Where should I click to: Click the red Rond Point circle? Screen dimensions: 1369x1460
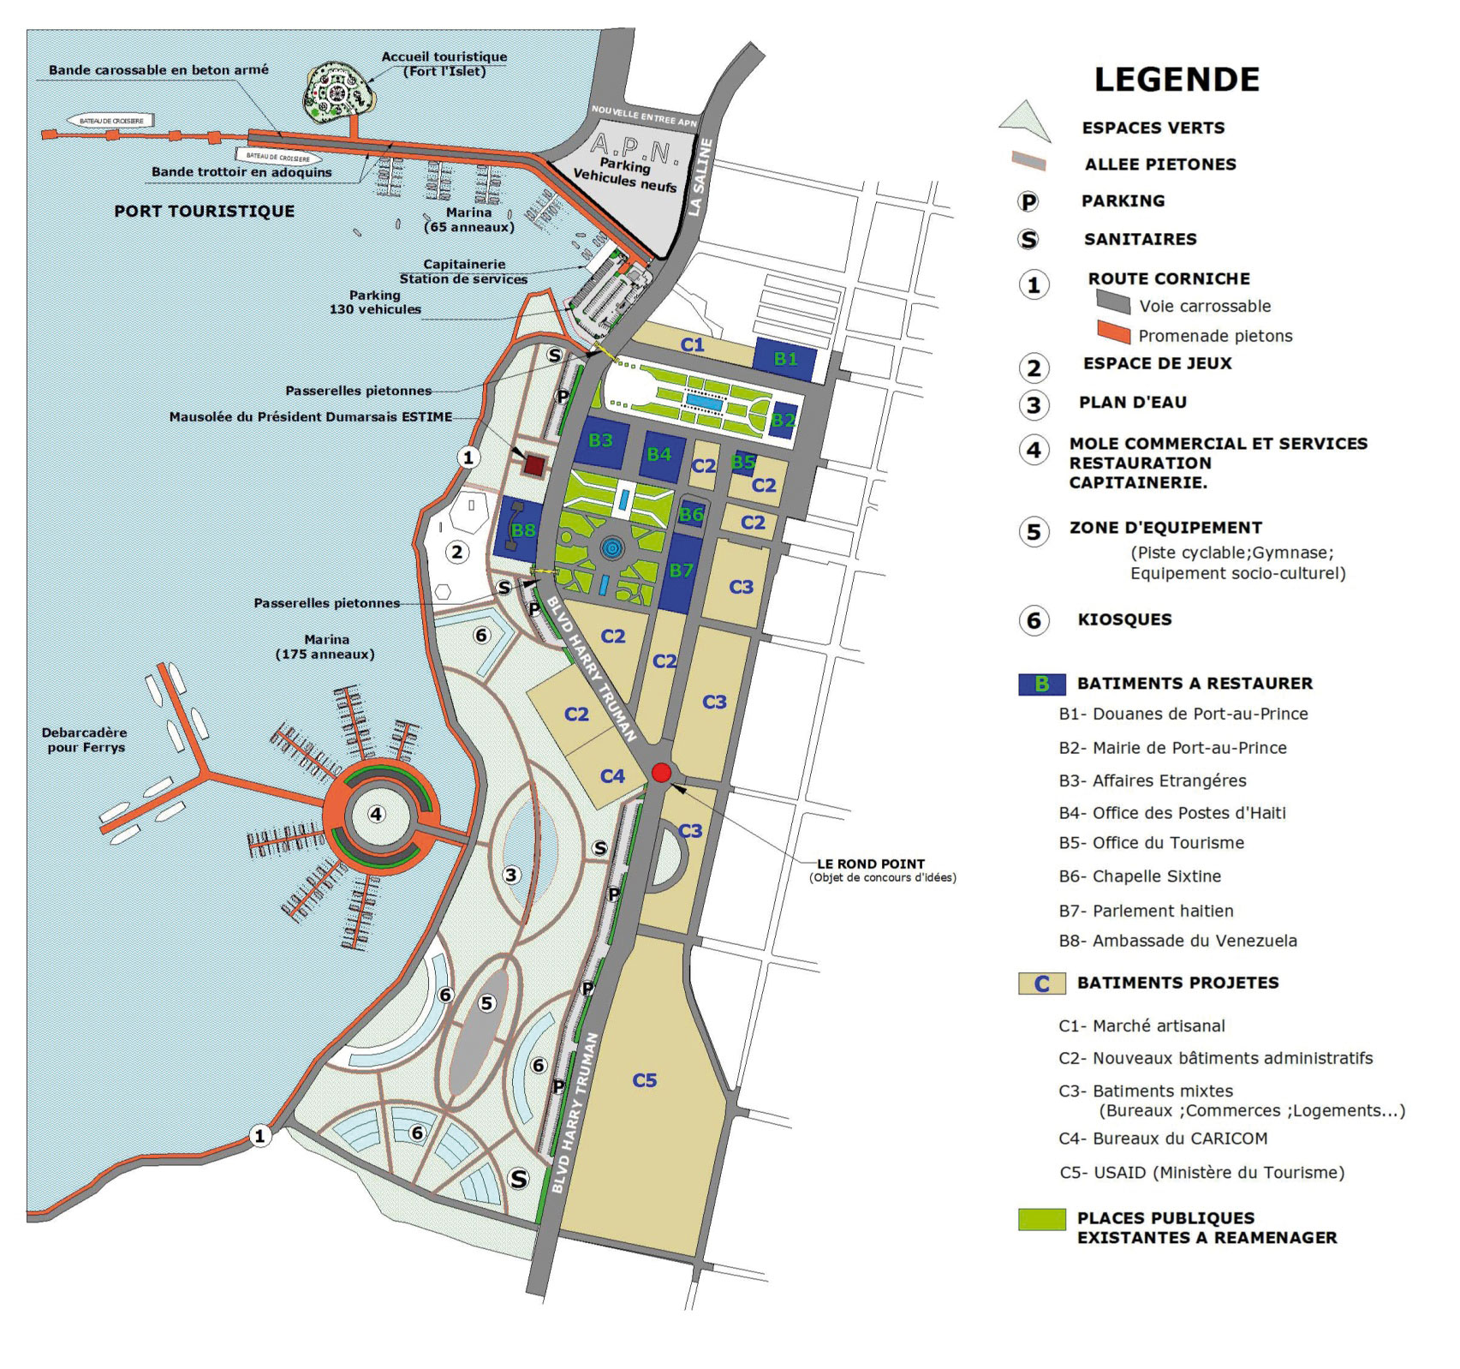click(x=660, y=772)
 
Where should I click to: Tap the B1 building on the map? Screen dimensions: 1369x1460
click(x=785, y=359)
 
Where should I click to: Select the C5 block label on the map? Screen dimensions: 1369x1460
click(x=644, y=1080)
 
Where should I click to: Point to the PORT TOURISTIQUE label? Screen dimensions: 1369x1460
click(x=204, y=211)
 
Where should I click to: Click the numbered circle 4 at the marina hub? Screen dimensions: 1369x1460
click(x=376, y=814)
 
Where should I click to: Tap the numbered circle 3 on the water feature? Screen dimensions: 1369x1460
click(x=511, y=875)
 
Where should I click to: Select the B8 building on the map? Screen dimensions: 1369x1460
click(x=522, y=530)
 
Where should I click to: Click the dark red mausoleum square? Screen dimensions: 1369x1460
click(x=533, y=465)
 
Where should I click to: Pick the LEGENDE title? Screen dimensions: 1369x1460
click(x=1177, y=80)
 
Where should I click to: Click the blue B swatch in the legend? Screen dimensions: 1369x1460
click(x=1041, y=684)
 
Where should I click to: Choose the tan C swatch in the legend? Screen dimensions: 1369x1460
click(x=1041, y=983)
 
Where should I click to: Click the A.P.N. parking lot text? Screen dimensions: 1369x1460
click(x=624, y=151)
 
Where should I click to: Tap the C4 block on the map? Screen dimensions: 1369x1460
click(x=612, y=776)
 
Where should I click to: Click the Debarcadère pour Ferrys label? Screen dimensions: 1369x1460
click(x=84, y=740)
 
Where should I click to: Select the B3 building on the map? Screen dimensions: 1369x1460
click(x=601, y=441)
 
